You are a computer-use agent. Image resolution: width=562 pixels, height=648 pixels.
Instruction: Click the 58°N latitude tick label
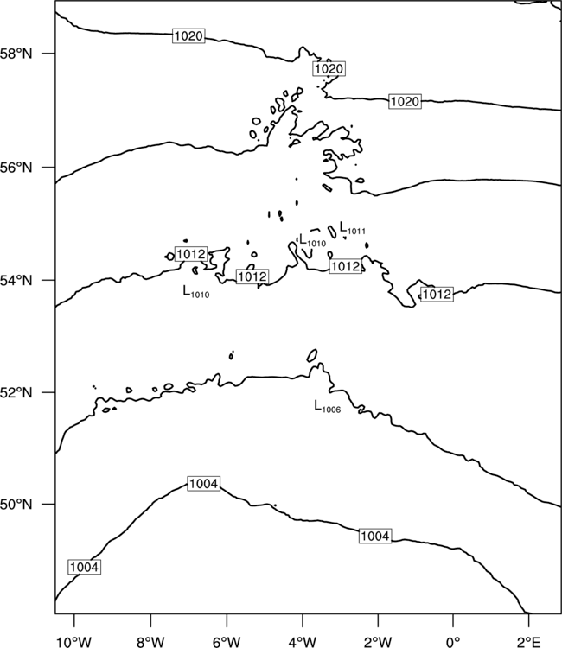(x=16, y=54)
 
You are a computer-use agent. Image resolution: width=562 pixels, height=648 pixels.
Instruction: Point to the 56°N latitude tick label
(x=16, y=168)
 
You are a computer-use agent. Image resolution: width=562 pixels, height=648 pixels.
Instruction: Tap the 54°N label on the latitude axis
(x=16, y=281)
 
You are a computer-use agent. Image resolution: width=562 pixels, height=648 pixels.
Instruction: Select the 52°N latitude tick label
(x=16, y=392)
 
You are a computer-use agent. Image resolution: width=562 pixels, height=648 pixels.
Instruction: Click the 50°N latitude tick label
(x=16, y=505)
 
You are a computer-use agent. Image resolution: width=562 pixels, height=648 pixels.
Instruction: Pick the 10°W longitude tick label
(x=73, y=642)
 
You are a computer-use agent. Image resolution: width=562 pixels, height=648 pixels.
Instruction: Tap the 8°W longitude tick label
(x=150, y=642)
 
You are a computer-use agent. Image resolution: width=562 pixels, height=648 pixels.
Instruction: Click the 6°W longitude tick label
(x=227, y=642)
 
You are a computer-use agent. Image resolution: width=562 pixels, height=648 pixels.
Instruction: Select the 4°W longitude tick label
(x=303, y=642)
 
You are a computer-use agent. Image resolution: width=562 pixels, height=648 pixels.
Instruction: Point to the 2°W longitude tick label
(x=378, y=642)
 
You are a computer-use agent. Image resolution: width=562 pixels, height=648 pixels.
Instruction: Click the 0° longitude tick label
(x=453, y=642)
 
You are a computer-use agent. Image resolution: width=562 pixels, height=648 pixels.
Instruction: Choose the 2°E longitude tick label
(x=529, y=642)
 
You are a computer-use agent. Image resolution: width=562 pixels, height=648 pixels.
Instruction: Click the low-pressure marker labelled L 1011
(x=353, y=228)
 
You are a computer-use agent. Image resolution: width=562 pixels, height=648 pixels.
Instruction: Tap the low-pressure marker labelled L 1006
(x=328, y=407)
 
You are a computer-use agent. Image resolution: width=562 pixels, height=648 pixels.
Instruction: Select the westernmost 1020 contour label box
(x=188, y=36)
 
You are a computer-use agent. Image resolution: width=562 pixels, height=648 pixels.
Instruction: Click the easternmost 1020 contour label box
(x=405, y=101)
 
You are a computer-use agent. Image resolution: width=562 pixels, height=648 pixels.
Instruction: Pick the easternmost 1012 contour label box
(x=437, y=295)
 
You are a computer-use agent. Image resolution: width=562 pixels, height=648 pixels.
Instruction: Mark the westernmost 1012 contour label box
(x=191, y=254)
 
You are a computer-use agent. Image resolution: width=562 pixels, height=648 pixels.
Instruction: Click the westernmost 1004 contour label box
(x=85, y=567)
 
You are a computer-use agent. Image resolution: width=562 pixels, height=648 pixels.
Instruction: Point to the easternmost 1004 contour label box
(x=375, y=536)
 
